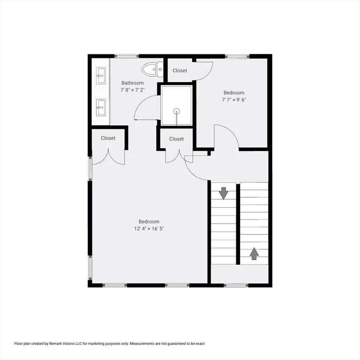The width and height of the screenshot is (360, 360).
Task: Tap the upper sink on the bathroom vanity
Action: tap(100, 75)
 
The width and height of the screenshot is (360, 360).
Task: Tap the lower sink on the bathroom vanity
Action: tap(100, 107)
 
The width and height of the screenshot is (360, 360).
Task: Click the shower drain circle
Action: tap(177, 111)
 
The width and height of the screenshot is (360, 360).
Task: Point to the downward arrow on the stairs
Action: tap(223, 192)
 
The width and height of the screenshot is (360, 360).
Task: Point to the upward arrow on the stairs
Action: tap(254, 254)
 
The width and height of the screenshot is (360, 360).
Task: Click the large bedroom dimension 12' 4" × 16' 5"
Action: tap(149, 229)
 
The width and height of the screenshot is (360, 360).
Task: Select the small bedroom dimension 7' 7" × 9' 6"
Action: tap(233, 99)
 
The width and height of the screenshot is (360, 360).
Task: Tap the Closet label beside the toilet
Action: tap(180, 71)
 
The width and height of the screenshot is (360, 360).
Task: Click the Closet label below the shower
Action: tap(176, 139)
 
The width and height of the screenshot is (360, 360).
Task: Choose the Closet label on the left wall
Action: tap(108, 138)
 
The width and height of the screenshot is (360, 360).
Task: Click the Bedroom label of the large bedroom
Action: tap(149, 222)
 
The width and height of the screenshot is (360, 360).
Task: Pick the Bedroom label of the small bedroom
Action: tap(233, 93)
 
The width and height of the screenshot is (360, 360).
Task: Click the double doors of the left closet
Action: tap(108, 157)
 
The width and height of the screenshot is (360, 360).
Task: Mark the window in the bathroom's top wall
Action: tap(124, 56)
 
